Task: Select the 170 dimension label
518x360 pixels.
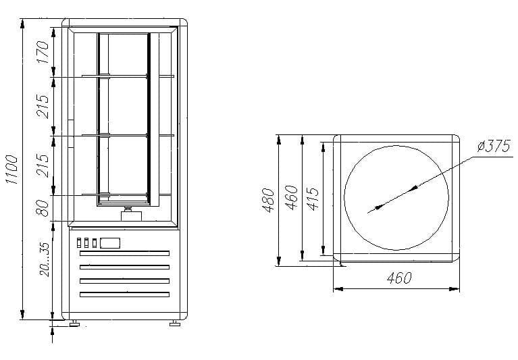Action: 43,51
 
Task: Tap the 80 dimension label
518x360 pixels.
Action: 43,208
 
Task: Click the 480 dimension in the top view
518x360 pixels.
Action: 269,200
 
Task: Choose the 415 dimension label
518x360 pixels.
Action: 312,200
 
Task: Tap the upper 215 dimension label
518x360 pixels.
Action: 43,106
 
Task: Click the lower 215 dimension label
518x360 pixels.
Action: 43,165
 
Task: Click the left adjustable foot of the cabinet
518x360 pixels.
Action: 74,323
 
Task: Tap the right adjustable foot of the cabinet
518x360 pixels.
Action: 174,323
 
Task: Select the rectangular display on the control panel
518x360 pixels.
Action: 110,242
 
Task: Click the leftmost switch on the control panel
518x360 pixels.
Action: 78,242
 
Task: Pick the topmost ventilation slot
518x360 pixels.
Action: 124,253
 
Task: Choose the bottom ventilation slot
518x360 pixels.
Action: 124,294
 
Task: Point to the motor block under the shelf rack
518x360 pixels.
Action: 127,215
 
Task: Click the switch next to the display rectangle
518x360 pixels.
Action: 95,242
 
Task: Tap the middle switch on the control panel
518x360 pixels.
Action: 86,242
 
